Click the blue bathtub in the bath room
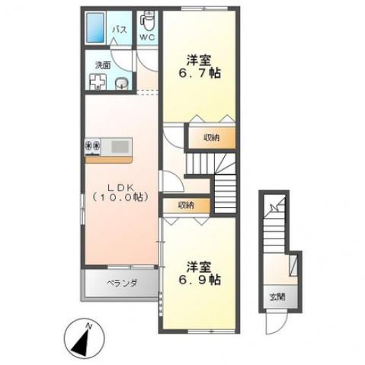[x=95, y=27]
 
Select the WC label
[x=147, y=37]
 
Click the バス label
[x=120, y=30]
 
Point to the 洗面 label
[x=103, y=66]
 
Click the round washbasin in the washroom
[x=122, y=83]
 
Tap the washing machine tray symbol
[x=98, y=82]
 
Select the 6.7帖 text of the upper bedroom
[x=200, y=73]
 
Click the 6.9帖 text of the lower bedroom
[x=200, y=280]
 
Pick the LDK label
[x=121, y=187]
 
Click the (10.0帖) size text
[x=120, y=197]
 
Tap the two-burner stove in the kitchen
[x=93, y=146]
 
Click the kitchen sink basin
[x=120, y=146]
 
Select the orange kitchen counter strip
[x=108, y=160]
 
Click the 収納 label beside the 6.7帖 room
[x=212, y=138]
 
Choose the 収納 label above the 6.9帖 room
[x=186, y=205]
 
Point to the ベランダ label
[x=122, y=283]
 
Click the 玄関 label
[x=277, y=297]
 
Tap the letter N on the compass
[x=88, y=326]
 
